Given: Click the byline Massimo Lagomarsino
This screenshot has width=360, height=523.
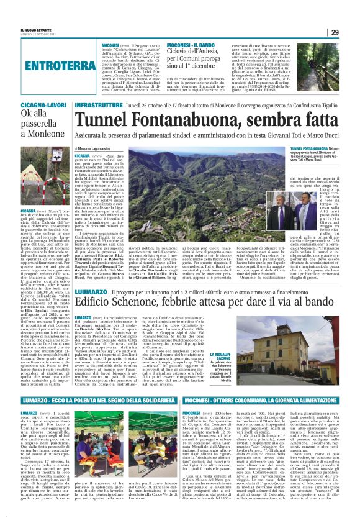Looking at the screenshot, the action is (x=97, y=150).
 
